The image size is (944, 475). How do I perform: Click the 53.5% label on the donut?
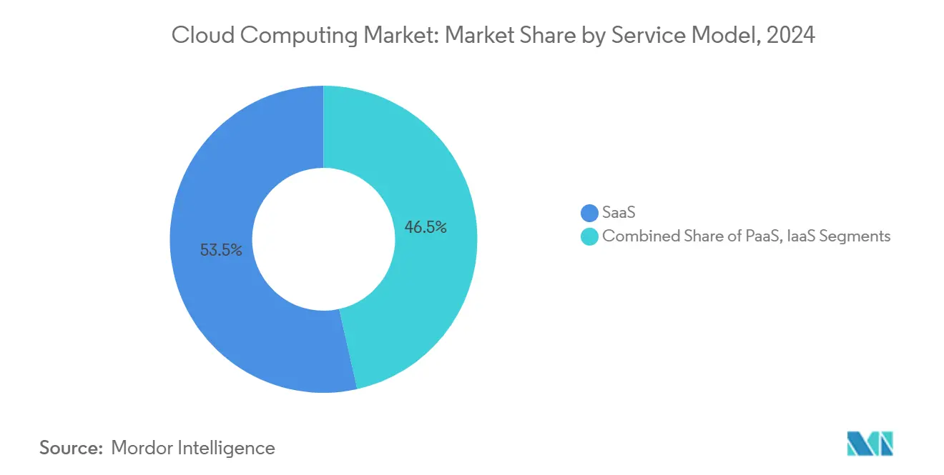coord(221,250)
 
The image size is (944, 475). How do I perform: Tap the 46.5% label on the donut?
coord(426,228)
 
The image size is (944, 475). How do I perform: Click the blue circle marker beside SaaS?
coord(589,213)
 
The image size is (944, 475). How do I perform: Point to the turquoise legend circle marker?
coord(589,236)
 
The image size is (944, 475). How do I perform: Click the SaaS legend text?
coord(619,213)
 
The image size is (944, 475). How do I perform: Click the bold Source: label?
coord(71,448)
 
